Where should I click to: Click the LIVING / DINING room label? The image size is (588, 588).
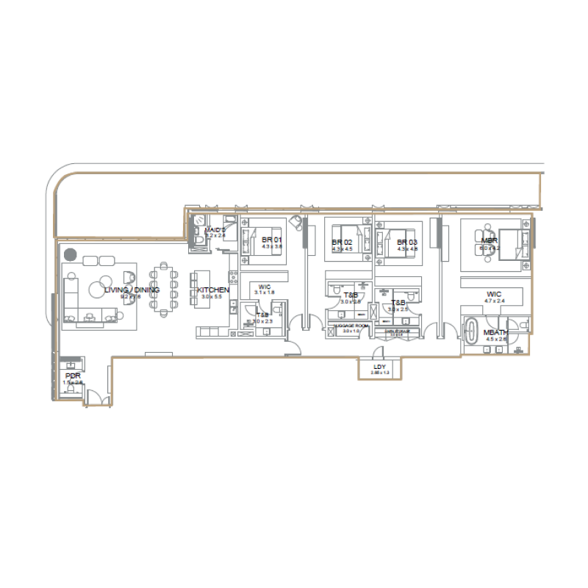132,290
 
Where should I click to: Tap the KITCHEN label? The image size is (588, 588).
212,290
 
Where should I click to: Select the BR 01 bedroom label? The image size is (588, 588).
271,240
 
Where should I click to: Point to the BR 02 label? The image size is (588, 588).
343,243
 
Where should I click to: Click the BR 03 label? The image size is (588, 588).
407,243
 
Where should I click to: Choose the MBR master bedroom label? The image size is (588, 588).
490,241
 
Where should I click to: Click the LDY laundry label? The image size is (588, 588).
379,367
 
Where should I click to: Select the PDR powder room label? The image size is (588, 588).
72,376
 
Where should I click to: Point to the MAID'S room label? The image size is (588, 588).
215,230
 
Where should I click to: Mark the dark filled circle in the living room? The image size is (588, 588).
70,254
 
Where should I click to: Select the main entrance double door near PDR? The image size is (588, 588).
96,399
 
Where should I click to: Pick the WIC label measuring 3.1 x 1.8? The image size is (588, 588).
265,287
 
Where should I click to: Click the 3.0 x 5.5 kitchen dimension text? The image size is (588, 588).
212,297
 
